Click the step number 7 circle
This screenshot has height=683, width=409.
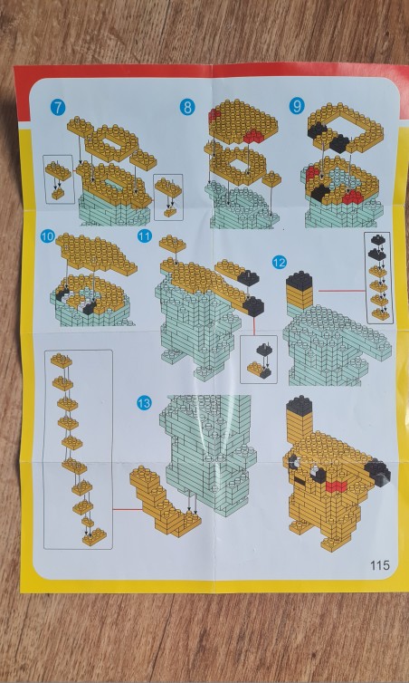coord(58,108)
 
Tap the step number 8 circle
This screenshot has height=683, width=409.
coord(187,107)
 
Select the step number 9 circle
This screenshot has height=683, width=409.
coord(297,106)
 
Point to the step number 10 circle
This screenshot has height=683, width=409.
coord(47,236)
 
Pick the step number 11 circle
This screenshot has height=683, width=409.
coord(145,236)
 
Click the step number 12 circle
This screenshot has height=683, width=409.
coord(280,262)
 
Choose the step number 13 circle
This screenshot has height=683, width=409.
coord(144,403)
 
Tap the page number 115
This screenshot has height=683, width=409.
coord(380,565)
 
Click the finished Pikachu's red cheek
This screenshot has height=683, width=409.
coord(336,486)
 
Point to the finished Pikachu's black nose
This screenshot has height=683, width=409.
coord(299,481)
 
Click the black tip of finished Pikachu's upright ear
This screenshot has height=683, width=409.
coord(299,405)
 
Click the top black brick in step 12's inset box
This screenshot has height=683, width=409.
coord(377,239)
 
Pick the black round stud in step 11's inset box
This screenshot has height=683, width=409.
coord(263,349)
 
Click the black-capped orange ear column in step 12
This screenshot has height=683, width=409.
coord(300,290)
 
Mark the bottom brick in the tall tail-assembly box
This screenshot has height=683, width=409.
coord(94,536)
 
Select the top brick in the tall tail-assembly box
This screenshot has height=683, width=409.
coord(61,361)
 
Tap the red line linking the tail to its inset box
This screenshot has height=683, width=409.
coord(127,509)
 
